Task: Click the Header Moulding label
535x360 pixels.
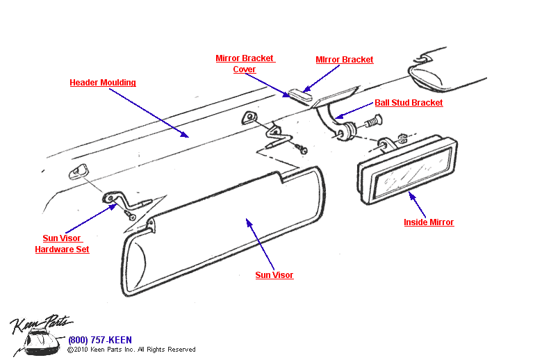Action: pyautogui.click(x=103, y=83)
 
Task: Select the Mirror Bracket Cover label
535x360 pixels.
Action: pyautogui.click(x=245, y=64)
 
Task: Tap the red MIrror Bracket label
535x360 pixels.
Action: pyautogui.click(x=345, y=60)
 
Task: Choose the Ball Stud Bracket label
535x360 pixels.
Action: pyautogui.click(x=409, y=103)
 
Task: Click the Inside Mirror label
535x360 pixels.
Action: pyautogui.click(x=429, y=222)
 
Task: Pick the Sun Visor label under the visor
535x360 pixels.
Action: pyautogui.click(x=274, y=275)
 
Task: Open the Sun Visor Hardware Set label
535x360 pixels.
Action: pyautogui.click(x=63, y=244)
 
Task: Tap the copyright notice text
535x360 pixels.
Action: pyautogui.click(x=131, y=350)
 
